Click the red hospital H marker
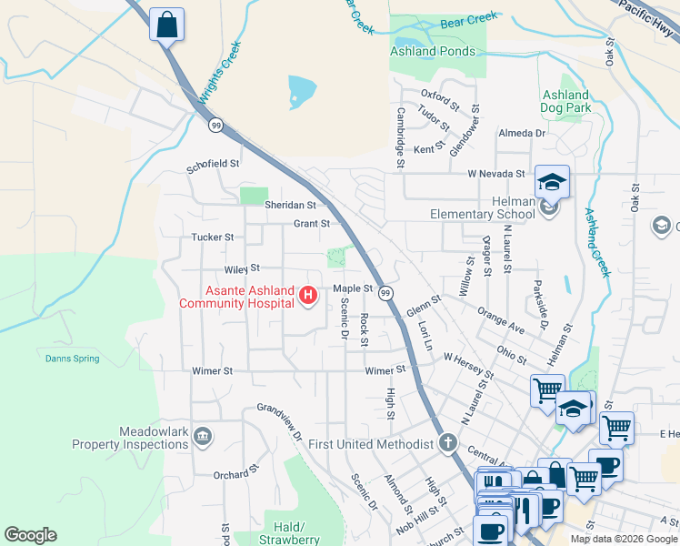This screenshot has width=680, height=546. [x=307, y=295]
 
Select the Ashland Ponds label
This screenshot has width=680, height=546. [x=432, y=51]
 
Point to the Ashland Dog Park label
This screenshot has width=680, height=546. [x=566, y=101]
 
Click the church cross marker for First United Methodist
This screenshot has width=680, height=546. [x=447, y=443]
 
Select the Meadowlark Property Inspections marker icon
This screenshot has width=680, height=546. [x=202, y=438]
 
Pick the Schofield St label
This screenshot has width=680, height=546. [x=213, y=165]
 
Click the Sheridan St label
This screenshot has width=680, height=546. [x=289, y=206]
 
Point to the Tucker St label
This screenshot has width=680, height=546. [x=213, y=237]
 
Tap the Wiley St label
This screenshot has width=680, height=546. [x=242, y=268]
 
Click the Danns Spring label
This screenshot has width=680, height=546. [x=72, y=359]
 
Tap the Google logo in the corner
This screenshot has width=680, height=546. [x=30, y=535]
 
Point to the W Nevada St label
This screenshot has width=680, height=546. [x=496, y=173]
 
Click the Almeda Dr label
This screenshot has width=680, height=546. [x=521, y=133]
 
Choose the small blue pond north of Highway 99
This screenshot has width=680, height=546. [x=302, y=91]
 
